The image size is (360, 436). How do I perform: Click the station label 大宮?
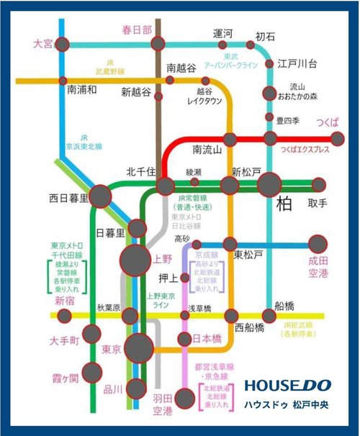(42, 44)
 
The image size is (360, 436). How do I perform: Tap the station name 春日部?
(137, 29)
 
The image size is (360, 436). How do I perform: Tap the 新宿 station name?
(65, 300)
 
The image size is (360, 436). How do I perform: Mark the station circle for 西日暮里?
(100, 196)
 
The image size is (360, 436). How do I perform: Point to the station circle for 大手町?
(91, 333)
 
